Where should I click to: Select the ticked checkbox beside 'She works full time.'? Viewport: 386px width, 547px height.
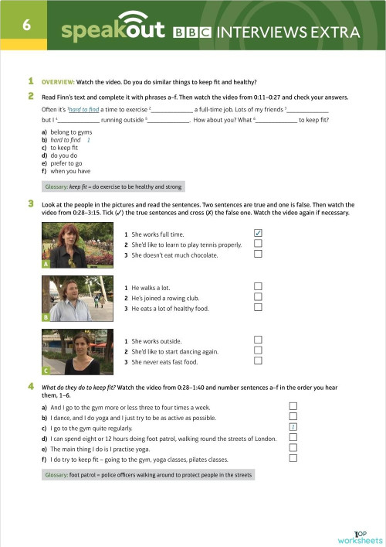point(259,233)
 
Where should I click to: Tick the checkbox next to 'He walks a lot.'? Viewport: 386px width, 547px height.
point(259,287)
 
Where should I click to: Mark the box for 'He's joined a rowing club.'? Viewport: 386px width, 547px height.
point(259,297)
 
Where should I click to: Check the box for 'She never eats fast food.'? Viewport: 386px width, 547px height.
point(259,360)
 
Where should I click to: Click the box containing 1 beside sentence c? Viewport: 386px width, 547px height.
point(293,427)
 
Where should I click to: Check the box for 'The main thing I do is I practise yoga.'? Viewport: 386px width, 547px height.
point(293,447)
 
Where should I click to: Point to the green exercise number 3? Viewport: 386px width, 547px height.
point(30,203)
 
